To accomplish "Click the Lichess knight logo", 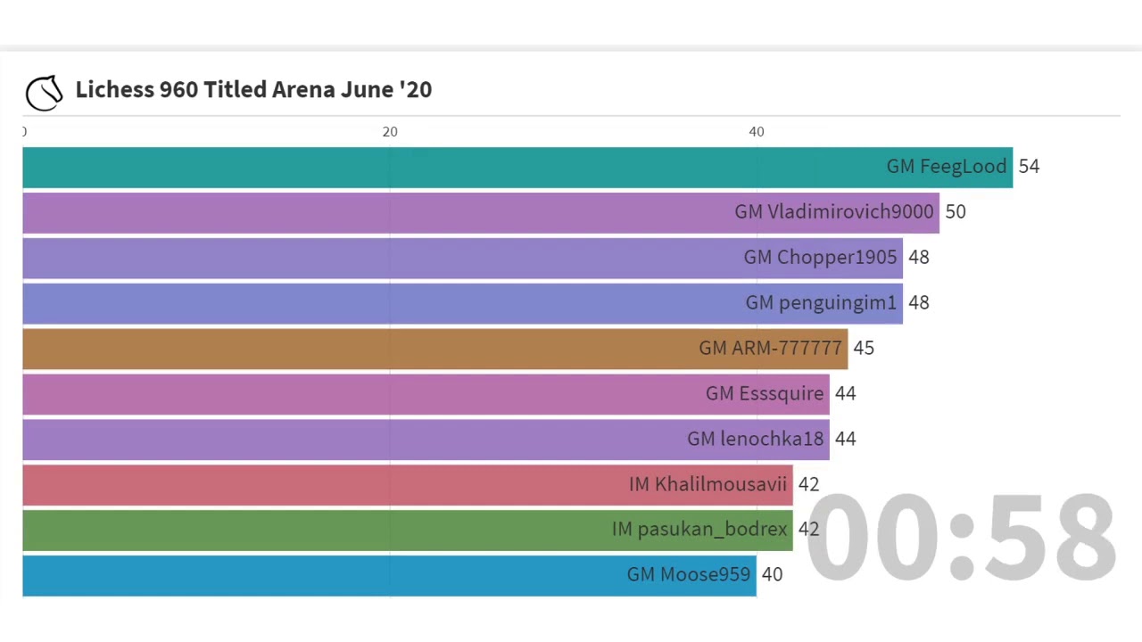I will click(x=44, y=92).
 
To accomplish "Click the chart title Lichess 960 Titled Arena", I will click(x=253, y=89).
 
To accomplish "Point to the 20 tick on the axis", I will click(x=390, y=132).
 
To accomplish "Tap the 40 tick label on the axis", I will click(x=757, y=132).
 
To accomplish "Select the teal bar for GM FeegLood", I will click(x=446, y=168).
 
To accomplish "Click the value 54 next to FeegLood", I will click(x=1029, y=167).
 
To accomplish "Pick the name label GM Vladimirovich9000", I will click(x=833, y=212).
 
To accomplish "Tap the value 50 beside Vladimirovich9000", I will click(x=956, y=212).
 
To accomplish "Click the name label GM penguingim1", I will click(x=821, y=303).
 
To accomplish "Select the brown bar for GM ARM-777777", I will click(x=357, y=349).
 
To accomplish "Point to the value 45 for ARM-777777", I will click(x=864, y=349).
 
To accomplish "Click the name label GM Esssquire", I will click(x=765, y=394).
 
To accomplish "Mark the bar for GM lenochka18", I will click(x=357, y=440).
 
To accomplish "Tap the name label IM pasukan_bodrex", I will click(x=699, y=530).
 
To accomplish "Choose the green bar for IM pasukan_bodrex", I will click(x=312, y=531).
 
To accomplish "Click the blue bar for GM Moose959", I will click(x=312, y=576).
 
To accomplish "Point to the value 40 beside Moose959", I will click(x=773, y=575).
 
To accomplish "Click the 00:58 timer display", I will click(x=960, y=538).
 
